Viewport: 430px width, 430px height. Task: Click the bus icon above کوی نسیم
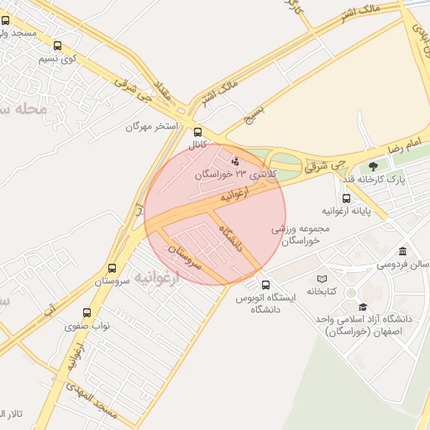pos(57,46)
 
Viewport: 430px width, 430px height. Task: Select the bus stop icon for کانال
pos(198,132)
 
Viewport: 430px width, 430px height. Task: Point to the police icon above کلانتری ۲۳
pos(235,160)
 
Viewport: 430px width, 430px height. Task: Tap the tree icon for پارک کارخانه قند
pos(373,165)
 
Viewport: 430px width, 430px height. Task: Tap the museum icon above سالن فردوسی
pos(403,252)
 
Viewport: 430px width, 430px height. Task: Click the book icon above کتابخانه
pos(322,279)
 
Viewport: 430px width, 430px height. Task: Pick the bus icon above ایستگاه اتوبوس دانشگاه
pos(266,286)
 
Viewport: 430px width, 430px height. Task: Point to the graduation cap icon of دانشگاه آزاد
pos(363,307)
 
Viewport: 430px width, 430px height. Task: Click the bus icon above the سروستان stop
pos(112,269)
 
